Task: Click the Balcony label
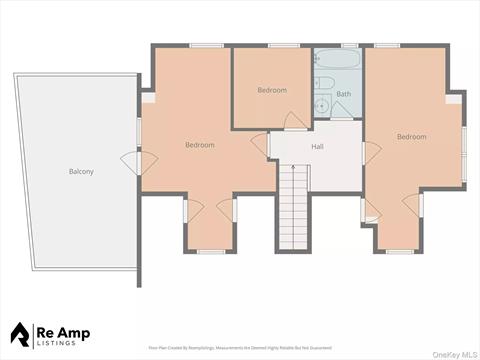pos(81,171)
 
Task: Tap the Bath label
pos(343,94)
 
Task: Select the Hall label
pos(317,146)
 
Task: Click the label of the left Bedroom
pos(199,145)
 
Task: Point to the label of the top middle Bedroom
pos(271,90)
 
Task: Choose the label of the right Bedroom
pos(411,136)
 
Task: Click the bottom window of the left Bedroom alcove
pos(210,251)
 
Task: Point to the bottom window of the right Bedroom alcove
pos(400,251)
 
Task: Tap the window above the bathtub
pos(348,46)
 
